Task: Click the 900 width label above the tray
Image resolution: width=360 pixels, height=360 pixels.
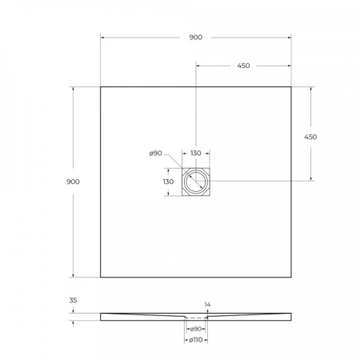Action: [x=196, y=38]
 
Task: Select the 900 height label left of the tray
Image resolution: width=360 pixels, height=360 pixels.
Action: [x=73, y=182]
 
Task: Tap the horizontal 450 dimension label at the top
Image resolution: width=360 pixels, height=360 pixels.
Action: [x=243, y=66]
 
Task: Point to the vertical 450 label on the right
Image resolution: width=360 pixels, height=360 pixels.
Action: [x=310, y=137]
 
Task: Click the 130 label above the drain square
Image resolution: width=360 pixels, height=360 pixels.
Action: [x=196, y=153]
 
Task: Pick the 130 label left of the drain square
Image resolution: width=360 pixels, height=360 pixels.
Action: [x=168, y=182]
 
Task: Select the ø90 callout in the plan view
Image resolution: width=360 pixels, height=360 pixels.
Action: [x=155, y=154]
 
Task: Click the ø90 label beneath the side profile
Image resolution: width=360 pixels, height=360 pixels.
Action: [x=195, y=329]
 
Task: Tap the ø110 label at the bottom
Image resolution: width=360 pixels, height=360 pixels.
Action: [x=196, y=340]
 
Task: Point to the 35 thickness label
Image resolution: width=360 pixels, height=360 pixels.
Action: [x=73, y=300]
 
